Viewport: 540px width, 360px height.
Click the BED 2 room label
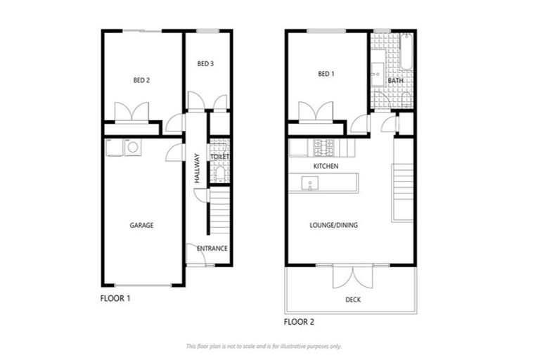point(141,80)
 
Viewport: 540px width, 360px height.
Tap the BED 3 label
point(205,64)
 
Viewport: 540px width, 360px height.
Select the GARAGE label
point(141,225)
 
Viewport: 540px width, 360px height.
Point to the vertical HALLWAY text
point(198,169)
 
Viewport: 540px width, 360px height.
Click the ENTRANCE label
point(212,248)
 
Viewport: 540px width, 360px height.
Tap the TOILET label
point(220,157)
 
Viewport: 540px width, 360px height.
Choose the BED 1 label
point(326,74)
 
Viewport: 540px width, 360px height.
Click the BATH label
point(395,81)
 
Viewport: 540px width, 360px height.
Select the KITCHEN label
point(326,166)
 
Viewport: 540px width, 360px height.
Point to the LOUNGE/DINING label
point(334,225)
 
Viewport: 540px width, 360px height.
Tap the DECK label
point(353,300)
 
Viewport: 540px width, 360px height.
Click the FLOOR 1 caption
point(115,298)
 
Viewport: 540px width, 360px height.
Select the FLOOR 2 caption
point(299,322)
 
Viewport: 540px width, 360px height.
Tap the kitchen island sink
point(309,184)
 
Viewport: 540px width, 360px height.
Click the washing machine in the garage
point(131,148)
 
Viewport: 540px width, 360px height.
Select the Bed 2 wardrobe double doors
point(132,112)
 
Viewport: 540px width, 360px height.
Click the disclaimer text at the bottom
point(264,346)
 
